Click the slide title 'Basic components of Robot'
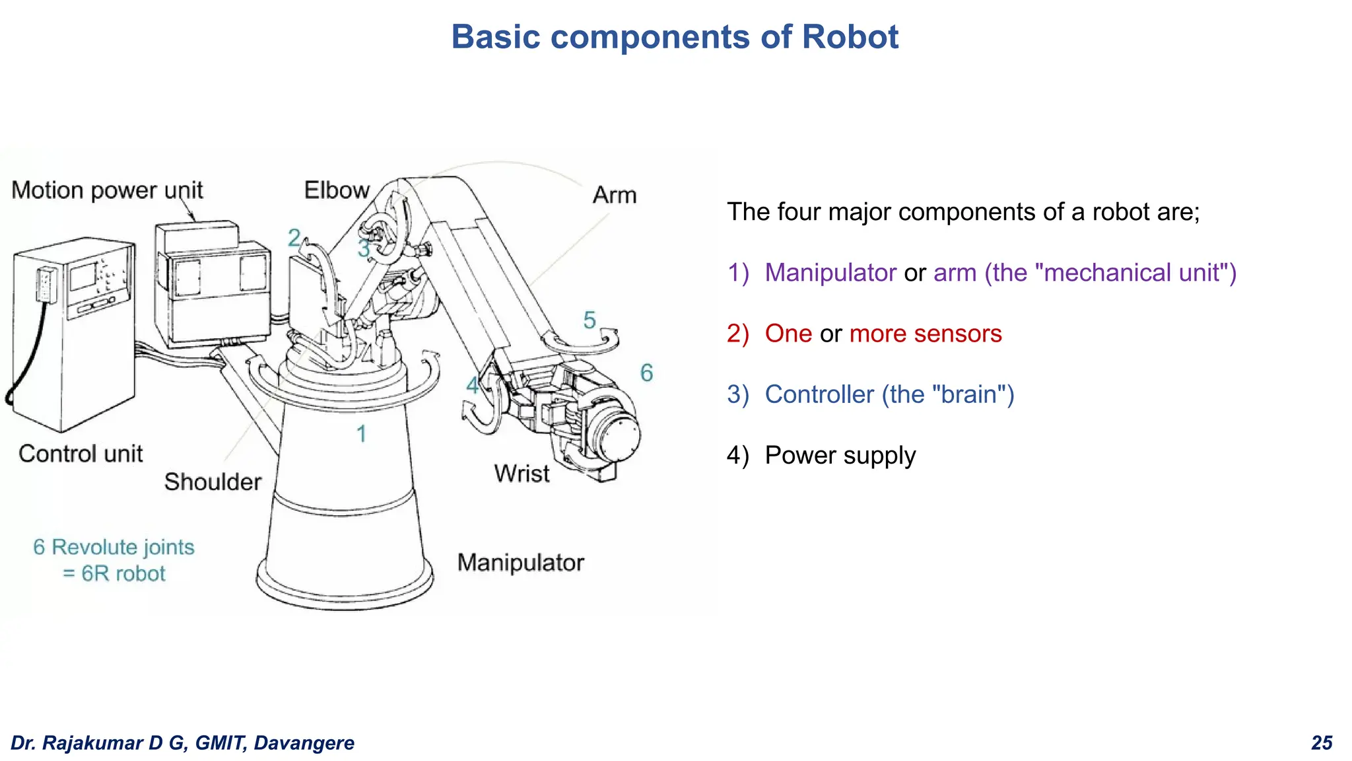675,37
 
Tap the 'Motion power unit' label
107,190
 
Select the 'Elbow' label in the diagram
336,190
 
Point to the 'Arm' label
614,196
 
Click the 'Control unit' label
81,454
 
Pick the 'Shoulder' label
213,482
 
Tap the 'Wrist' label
522,474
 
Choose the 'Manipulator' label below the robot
520,563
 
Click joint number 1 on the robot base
361,434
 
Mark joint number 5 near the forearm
590,321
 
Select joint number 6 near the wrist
646,373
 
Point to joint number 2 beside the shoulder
294,238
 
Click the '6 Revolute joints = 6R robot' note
114,560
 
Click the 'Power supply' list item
840,455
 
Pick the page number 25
1322,743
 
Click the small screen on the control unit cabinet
83,275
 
